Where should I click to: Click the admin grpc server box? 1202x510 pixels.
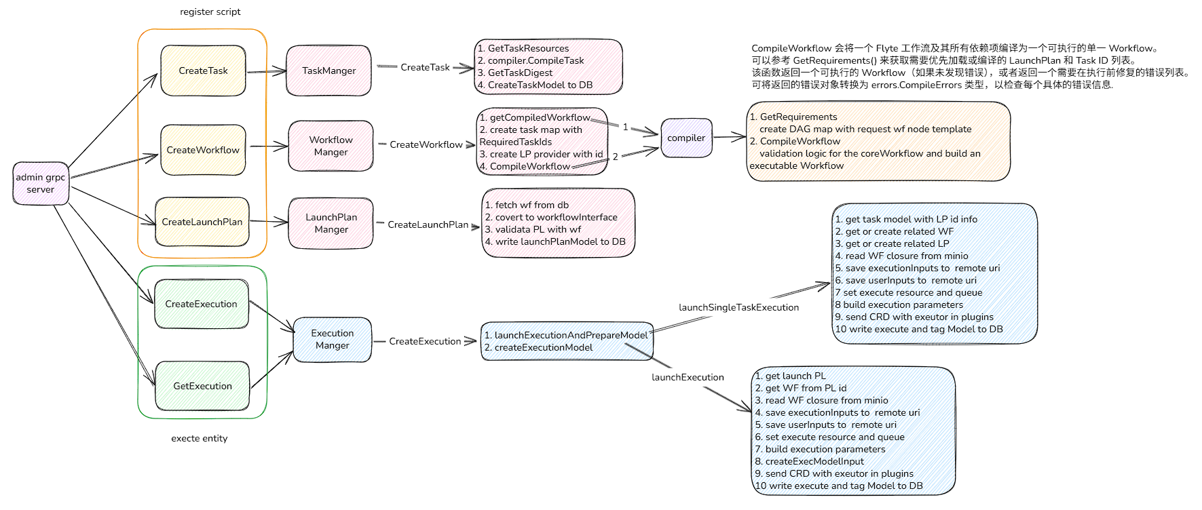[x=41, y=183]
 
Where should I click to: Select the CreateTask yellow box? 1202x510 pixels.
[x=203, y=71]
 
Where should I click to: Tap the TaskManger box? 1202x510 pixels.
[x=328, y=71]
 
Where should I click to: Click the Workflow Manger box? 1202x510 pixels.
[x=331, y=146]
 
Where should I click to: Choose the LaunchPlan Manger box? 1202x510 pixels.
[x=331, y=223]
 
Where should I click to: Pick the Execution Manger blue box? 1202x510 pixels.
[x=332, y=339]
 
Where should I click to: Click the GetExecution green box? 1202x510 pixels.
[x=202, y=386]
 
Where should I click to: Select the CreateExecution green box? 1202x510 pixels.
[x=201, y=304]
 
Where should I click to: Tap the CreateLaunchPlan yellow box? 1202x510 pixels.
[x=202, y=222]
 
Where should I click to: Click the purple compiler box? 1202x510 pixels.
[x=686, y=138]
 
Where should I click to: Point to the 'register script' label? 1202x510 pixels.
[x=210, y=12]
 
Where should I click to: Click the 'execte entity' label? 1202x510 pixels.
[x=199, y=438]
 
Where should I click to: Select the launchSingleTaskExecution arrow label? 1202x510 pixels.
[x=738, y=307]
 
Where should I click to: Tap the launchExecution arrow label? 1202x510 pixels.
[x=688, y=377]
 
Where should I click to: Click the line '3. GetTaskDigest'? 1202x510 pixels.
[x=516, y=73]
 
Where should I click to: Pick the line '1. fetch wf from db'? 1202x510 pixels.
[x=527, y=205]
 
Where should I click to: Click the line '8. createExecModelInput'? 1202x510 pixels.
[x=809, y=461]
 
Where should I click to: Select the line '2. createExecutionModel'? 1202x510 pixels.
[x=538, y=347]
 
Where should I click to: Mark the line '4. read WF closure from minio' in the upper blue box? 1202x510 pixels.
[x=901, y=256]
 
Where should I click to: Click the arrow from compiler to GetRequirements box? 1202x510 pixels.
[x=730, y=138]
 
